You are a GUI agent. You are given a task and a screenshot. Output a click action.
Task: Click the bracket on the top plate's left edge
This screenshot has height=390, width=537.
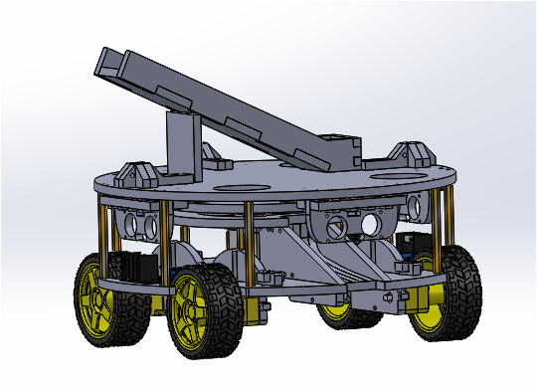click(x=133, y=174)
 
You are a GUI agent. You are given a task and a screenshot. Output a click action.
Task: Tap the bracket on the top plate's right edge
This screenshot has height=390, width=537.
click(x=410, y=155)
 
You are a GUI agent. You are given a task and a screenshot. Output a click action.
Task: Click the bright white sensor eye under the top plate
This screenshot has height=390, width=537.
click(x=372, y=225)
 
